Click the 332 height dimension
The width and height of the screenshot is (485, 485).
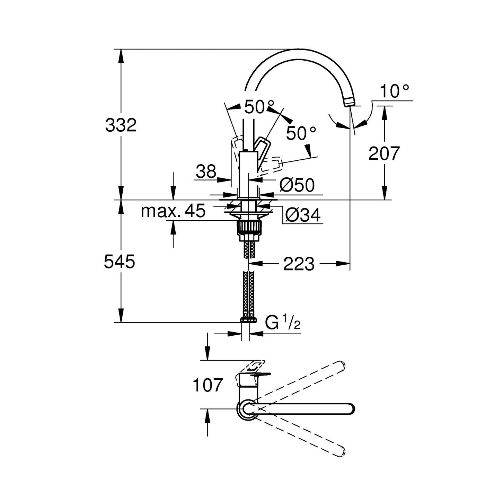[x=121, y=125]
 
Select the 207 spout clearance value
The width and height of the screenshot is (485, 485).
[x=384, y=153]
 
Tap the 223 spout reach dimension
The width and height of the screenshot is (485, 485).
[x=299, y=264]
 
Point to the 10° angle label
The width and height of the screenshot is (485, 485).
[x=394, y=91]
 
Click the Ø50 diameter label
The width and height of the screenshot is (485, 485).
[x=297, y=185]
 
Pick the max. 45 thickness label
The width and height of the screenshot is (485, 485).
[x=173, y=211]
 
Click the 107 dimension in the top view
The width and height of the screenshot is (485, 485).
[x=208, y=385]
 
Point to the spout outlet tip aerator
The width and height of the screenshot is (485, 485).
[x=350, y=102]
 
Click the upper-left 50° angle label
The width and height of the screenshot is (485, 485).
[x=259, y=107]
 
